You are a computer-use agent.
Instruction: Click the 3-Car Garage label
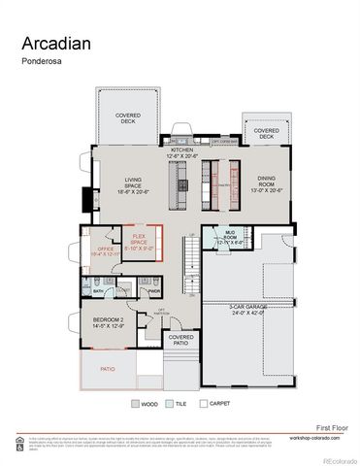pyautogui.click(x=247, y=310)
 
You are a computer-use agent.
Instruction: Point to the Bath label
pyautogui.click(x=99, y=290)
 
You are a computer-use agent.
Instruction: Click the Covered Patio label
pyautogui.click(x=180, y=340)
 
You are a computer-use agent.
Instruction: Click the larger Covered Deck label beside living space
pyautogui.click(x=128, y=117)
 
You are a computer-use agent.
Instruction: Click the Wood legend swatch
pyautogui.click(x=136, y=403)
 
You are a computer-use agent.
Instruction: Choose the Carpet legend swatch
pyautogui.click(x=203, y=403)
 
